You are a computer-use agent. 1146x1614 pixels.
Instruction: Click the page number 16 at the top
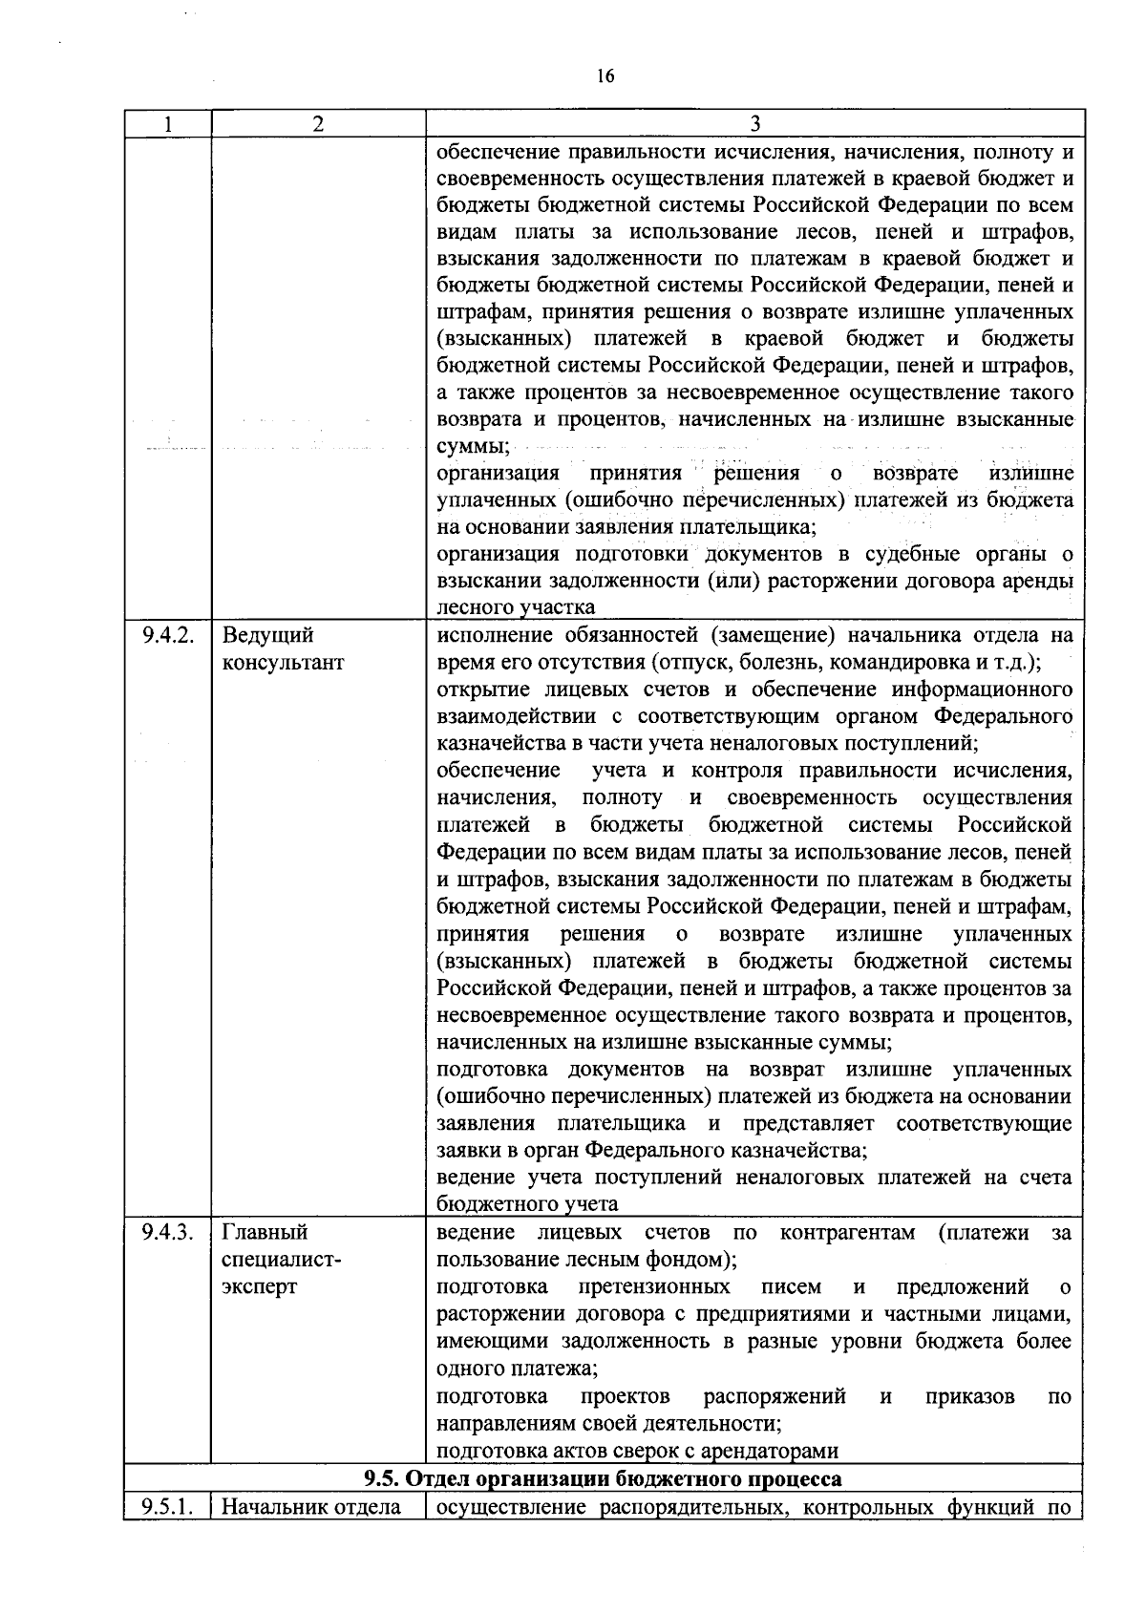[x=605, y=76]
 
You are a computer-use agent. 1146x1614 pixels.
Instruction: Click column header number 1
[x=168, y=123]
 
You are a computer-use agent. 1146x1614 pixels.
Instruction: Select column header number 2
[x=318, y=123]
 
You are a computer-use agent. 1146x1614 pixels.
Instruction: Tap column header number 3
[x=754, y=123]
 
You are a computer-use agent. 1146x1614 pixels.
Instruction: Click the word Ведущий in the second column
[x=267, y=635]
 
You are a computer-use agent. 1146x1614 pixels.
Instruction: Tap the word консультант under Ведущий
[x=283, y=662]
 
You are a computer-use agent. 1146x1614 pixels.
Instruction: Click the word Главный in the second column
[x=265, y=1232]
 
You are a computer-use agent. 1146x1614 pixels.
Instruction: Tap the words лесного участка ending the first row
[x=516, y=607]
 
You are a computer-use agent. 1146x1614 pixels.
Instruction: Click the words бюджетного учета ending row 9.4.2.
[x=527, y=1204]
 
